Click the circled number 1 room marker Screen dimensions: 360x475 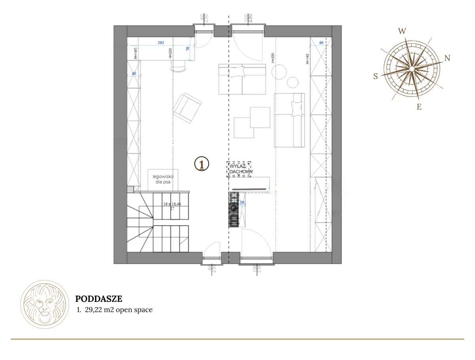click(201, 164)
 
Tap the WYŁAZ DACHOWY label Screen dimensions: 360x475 click(239, 169)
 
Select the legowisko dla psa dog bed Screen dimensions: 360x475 click(163, 179)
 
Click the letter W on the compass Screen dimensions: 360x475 click(402, 32)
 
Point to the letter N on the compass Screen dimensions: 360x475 click(447, 58)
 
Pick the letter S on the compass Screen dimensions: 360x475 click(376, 77)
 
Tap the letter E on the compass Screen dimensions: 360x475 click(419, 106)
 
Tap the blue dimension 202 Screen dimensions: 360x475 click(161, 42)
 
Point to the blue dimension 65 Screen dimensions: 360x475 click(321, 42)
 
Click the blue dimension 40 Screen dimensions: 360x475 click(134, 74)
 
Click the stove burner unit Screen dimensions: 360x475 click(234, 210)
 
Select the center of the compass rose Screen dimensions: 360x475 click(412, 69)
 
